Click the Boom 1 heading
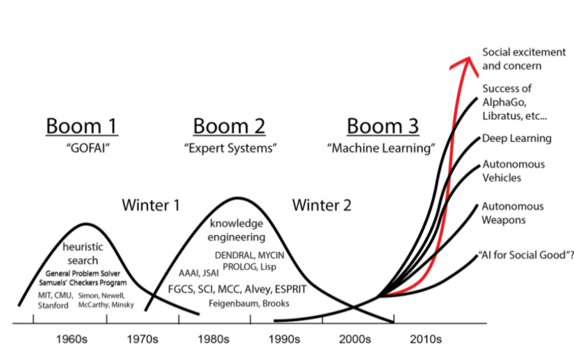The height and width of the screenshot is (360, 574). tap(82, 126)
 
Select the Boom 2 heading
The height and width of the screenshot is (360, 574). tap(229, 126)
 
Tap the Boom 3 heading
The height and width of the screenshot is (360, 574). tap(382, 126)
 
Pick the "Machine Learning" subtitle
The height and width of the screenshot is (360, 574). tap(382, 149)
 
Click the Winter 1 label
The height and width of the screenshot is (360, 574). tap(151, 205)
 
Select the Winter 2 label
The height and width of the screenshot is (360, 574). tap(322, 205)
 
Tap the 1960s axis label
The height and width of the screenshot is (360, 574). tap(70, 339)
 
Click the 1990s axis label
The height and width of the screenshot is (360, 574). tap(284, 339)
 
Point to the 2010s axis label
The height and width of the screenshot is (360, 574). tap(426, 339)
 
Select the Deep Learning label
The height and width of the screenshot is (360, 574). tap(517, 139)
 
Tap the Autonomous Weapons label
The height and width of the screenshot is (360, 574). tap(512, 213)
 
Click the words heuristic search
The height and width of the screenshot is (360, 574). tap(82, 253)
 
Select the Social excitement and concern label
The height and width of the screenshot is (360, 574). tap(524, 59)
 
